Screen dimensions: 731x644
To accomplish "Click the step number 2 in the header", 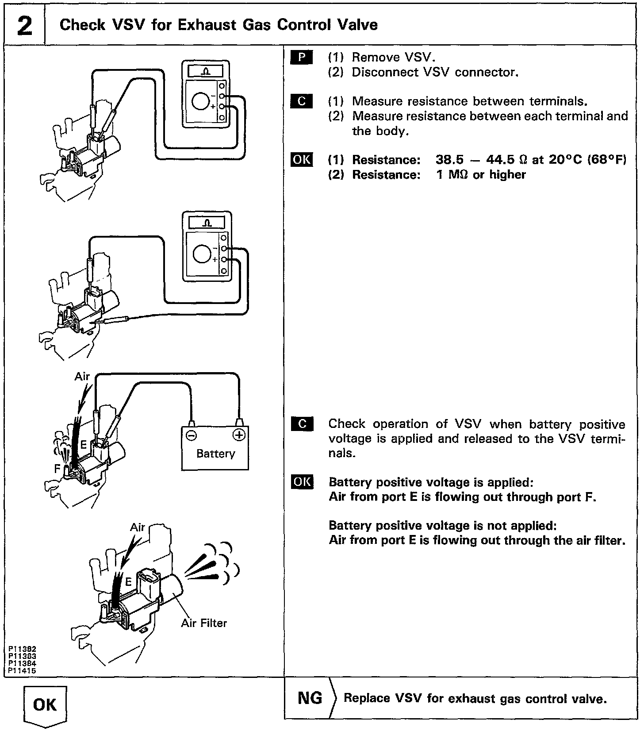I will click(x=24, y=26).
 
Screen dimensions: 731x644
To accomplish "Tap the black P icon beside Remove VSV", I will click(x=302, y=58).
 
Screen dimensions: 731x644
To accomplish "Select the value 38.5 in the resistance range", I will click(x=449, y=159).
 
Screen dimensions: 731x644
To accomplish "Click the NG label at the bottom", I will click(x=310, y=698).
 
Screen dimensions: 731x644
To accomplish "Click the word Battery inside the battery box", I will click(x=215, y=454).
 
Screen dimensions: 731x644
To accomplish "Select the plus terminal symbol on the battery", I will click(x=239, y=435).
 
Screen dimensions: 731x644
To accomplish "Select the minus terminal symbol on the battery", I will click(x=192, y=435).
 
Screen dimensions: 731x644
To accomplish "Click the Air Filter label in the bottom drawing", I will click(x=204, y=623).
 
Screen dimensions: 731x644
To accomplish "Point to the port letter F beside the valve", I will click(x=57, y=468).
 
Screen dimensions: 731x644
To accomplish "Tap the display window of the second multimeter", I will click(x=207, y=224).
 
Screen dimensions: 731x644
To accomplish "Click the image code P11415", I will click(x=22, y=671).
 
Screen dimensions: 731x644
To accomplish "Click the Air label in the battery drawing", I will click(x=82, y=377).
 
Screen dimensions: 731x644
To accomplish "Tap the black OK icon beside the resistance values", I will click(x=302, y=159).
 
